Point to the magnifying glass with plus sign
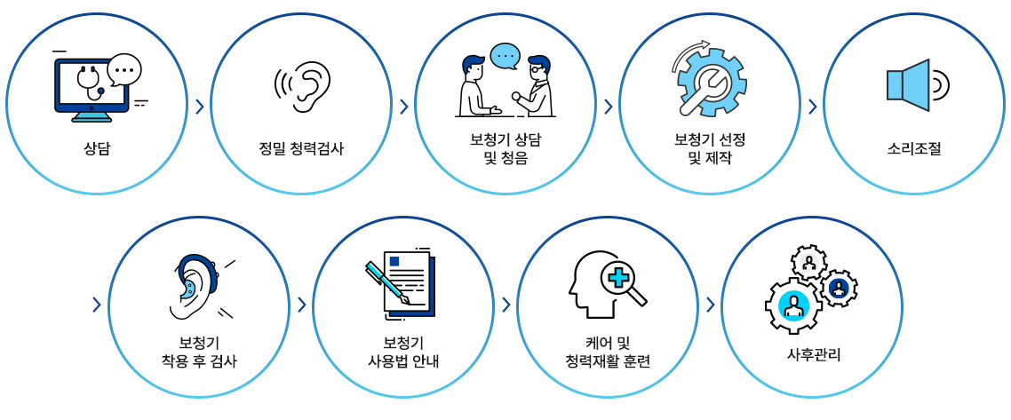point(619,281)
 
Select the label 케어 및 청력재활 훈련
point(607,353)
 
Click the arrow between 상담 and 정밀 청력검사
point(200,107)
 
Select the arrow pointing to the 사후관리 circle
point(710,305)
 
